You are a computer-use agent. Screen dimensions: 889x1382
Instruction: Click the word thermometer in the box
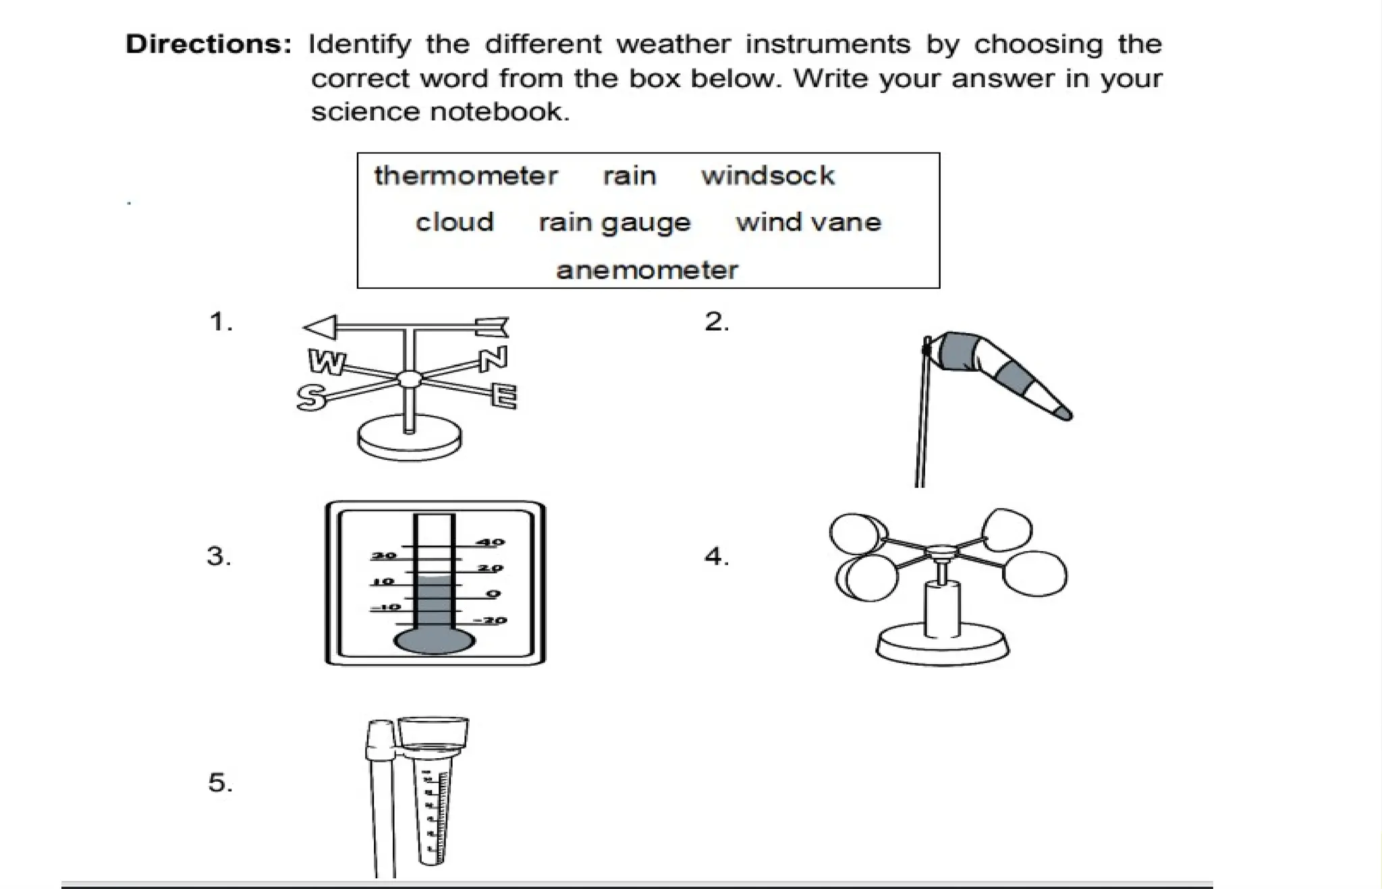[x=466, y=176]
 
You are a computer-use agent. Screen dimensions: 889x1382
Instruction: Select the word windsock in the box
[x=767, y=176]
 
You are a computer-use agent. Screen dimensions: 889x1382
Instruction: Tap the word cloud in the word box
[x=454, y=222]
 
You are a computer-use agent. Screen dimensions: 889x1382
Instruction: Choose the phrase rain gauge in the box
[x=614, y=223]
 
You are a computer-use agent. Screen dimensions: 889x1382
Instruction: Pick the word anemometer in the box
[x=646, y=270]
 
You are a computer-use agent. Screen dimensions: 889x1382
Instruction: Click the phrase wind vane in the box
[x=808, y=222]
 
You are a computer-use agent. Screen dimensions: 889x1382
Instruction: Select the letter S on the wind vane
[x=310, y=397]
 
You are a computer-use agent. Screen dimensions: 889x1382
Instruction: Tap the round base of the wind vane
[x=410, y=440]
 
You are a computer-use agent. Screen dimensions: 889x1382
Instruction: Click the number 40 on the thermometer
[x=491, y=542]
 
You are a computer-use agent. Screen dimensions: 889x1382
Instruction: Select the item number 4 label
[x=716, y=556]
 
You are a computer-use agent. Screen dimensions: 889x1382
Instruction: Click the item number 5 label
[x=220, y=783]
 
